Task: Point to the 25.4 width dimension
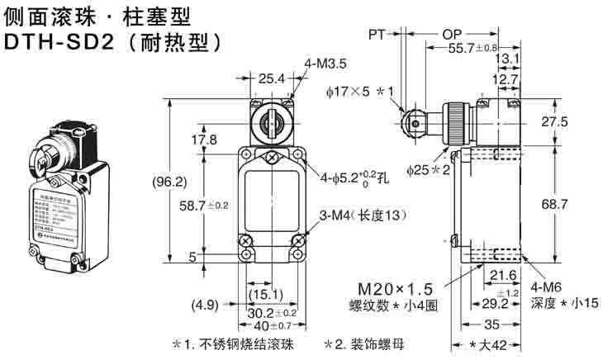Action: (271, 79)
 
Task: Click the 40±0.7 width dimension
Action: (273, 326)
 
